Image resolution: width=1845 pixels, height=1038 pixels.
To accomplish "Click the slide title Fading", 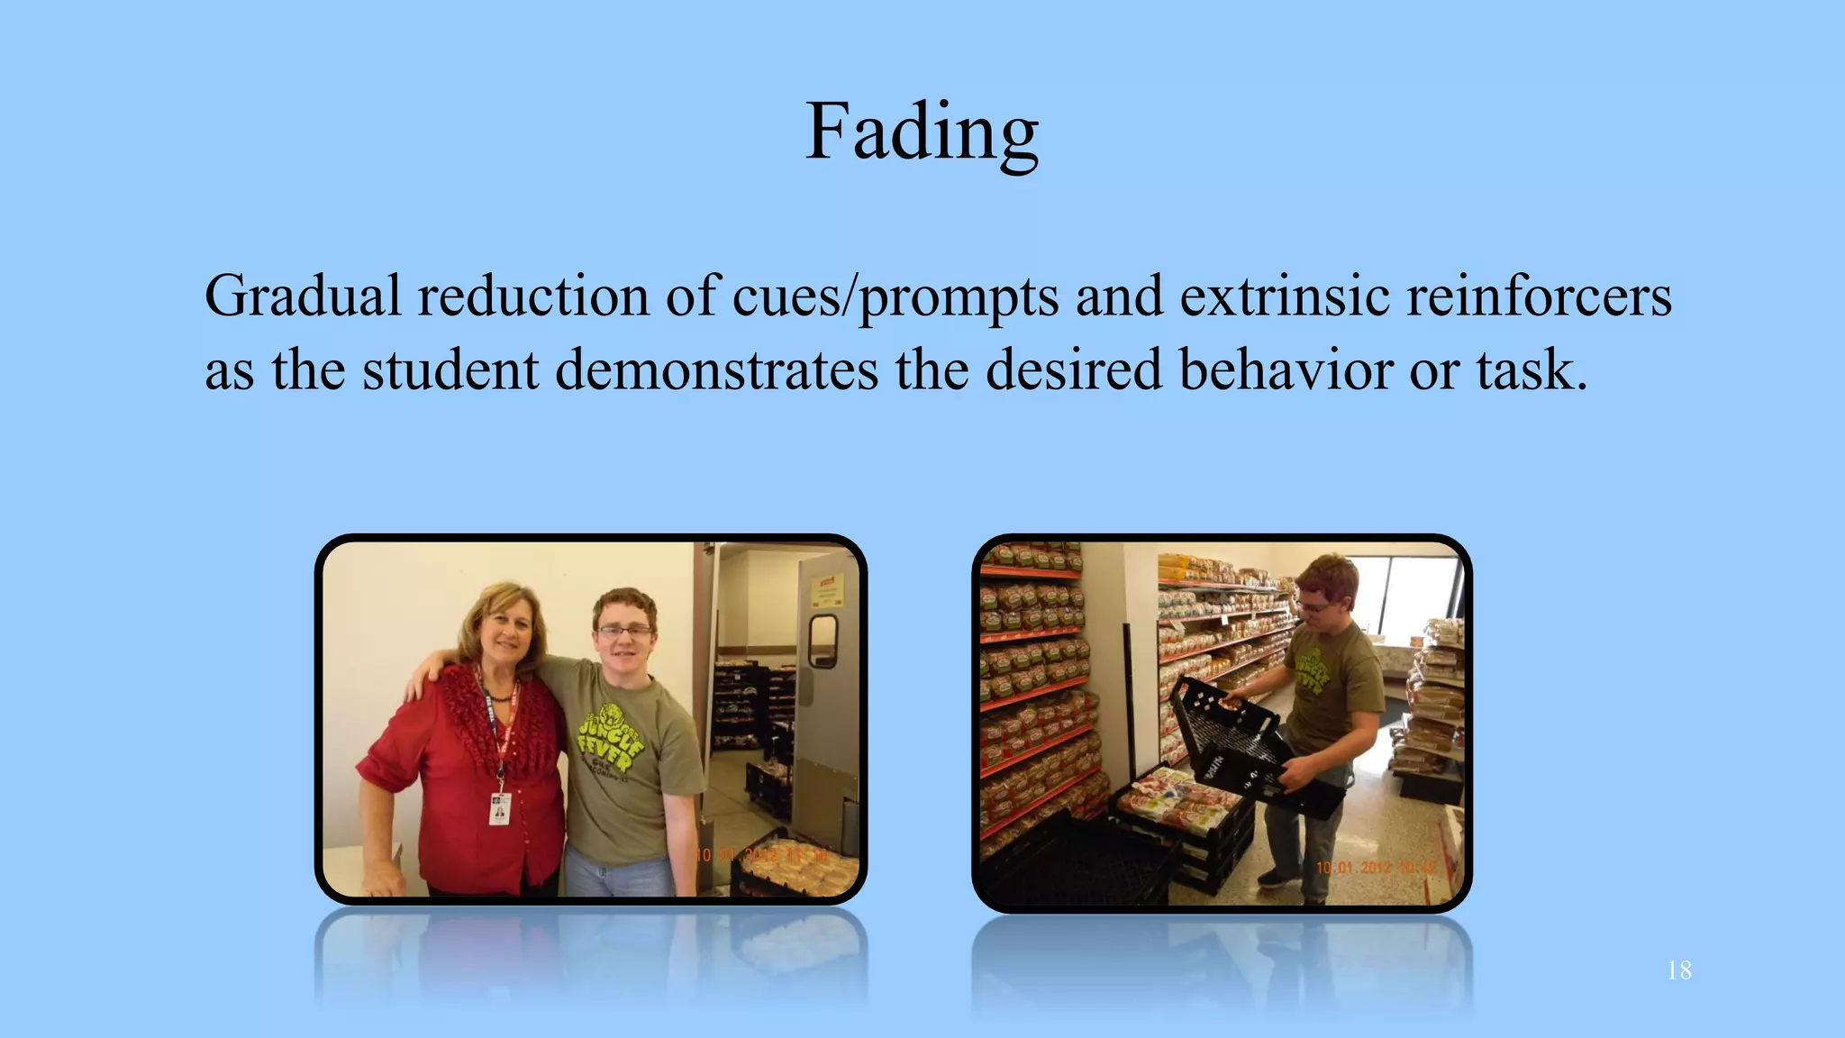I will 922,132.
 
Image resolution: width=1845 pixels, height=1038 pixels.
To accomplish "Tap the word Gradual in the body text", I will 302,296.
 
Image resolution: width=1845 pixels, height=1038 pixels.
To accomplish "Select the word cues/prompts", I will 895,296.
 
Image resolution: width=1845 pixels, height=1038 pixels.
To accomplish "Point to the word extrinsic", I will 1285,296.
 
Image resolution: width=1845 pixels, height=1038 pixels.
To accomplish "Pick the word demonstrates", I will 716,369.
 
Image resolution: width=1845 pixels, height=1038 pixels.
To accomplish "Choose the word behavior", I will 1286,369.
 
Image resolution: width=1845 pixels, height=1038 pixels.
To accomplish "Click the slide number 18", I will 1678,970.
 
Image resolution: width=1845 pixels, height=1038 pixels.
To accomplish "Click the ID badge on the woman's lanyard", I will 500,808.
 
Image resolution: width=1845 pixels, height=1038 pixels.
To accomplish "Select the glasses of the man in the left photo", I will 624,632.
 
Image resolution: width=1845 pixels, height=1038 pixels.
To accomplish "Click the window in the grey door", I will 823,640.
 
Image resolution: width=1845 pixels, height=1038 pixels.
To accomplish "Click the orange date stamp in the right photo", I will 1378,867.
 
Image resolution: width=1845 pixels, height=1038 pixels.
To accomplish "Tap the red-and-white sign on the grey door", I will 826,591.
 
